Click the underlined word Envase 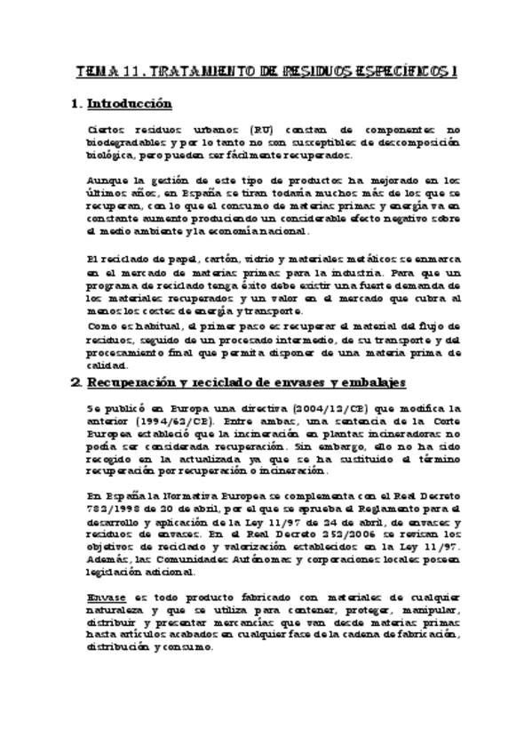pos(106,598)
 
